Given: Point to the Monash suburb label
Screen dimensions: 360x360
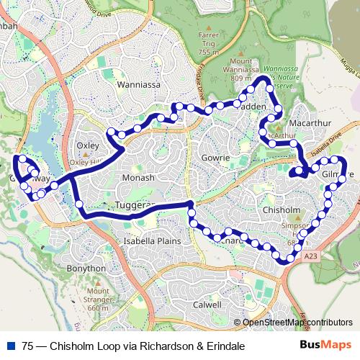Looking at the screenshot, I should (138, 178).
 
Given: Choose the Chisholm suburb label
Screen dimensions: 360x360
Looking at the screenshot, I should (276, 210).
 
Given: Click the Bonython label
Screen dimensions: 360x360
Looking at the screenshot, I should (84, 268).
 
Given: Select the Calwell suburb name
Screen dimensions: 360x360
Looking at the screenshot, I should (206, 305).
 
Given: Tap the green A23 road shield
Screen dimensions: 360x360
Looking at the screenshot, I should (311, 255).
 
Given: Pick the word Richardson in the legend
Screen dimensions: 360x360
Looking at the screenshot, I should (162, 346).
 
